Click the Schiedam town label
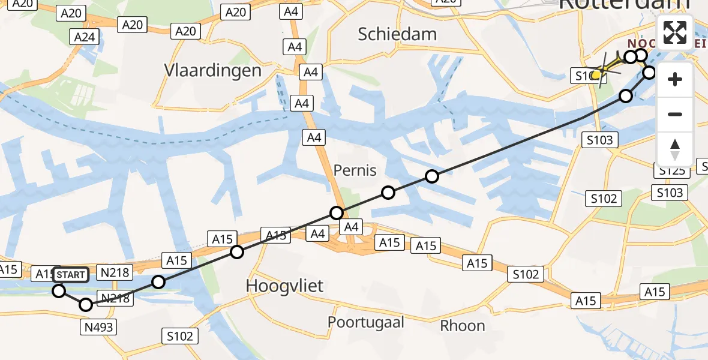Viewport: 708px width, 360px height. (397, 34)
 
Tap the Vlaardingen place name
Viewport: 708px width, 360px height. (213, 71)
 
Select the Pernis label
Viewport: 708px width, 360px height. (355, 170)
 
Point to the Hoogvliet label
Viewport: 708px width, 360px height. (285, 286)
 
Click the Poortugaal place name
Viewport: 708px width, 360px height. (366, 322)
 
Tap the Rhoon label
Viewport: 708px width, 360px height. (463, 326)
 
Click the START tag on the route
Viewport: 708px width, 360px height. (71, 275)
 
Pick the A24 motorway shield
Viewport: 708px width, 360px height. (85, 37)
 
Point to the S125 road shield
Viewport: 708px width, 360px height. (671, 171)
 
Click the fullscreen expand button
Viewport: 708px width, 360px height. (675, 32)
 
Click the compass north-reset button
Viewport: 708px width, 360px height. (675, 149)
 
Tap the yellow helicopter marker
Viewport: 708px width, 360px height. (596, 74)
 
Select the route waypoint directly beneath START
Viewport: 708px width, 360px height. (59, 291)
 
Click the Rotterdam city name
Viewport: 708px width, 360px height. (624, 5)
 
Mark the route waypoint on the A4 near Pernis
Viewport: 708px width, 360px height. (337, 213)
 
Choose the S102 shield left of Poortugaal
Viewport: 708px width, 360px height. (180, 335)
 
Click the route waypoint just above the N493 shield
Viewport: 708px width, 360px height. (86, 305)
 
